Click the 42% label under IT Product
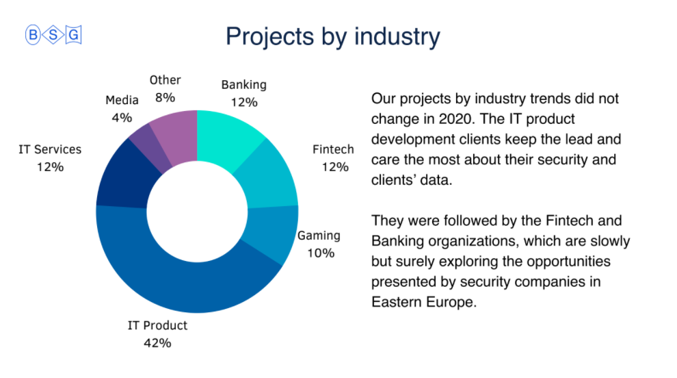[x=157, y=343]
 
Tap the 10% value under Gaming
[x=321, y=253]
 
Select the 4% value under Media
[x=122, y=118]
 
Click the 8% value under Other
[x=165, y=98]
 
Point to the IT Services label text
[x=50, y=150]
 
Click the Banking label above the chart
[x=244, y=85]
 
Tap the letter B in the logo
[x=33, y=35]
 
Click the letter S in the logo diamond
[x=53, y=35]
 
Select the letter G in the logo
[x=73, y=35]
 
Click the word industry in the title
[x=397, y=36]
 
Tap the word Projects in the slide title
[x=270, y=37]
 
